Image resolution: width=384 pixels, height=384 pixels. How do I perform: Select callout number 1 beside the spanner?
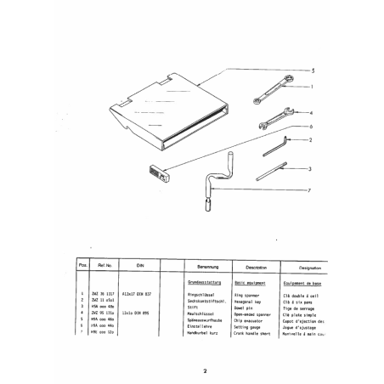pos(312,87)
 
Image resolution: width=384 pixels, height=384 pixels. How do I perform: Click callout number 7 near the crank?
pos(312,189)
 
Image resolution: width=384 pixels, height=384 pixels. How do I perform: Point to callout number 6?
pos(312,125)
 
